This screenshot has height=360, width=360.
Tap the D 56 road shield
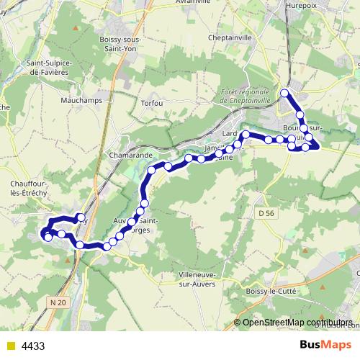coord(266,214)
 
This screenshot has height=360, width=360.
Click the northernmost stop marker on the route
coord(285,92)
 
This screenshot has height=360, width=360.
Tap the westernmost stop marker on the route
coord(47,237)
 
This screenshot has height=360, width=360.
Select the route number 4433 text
coord(33,346)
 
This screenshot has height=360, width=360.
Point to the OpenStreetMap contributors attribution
coord(297,323)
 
